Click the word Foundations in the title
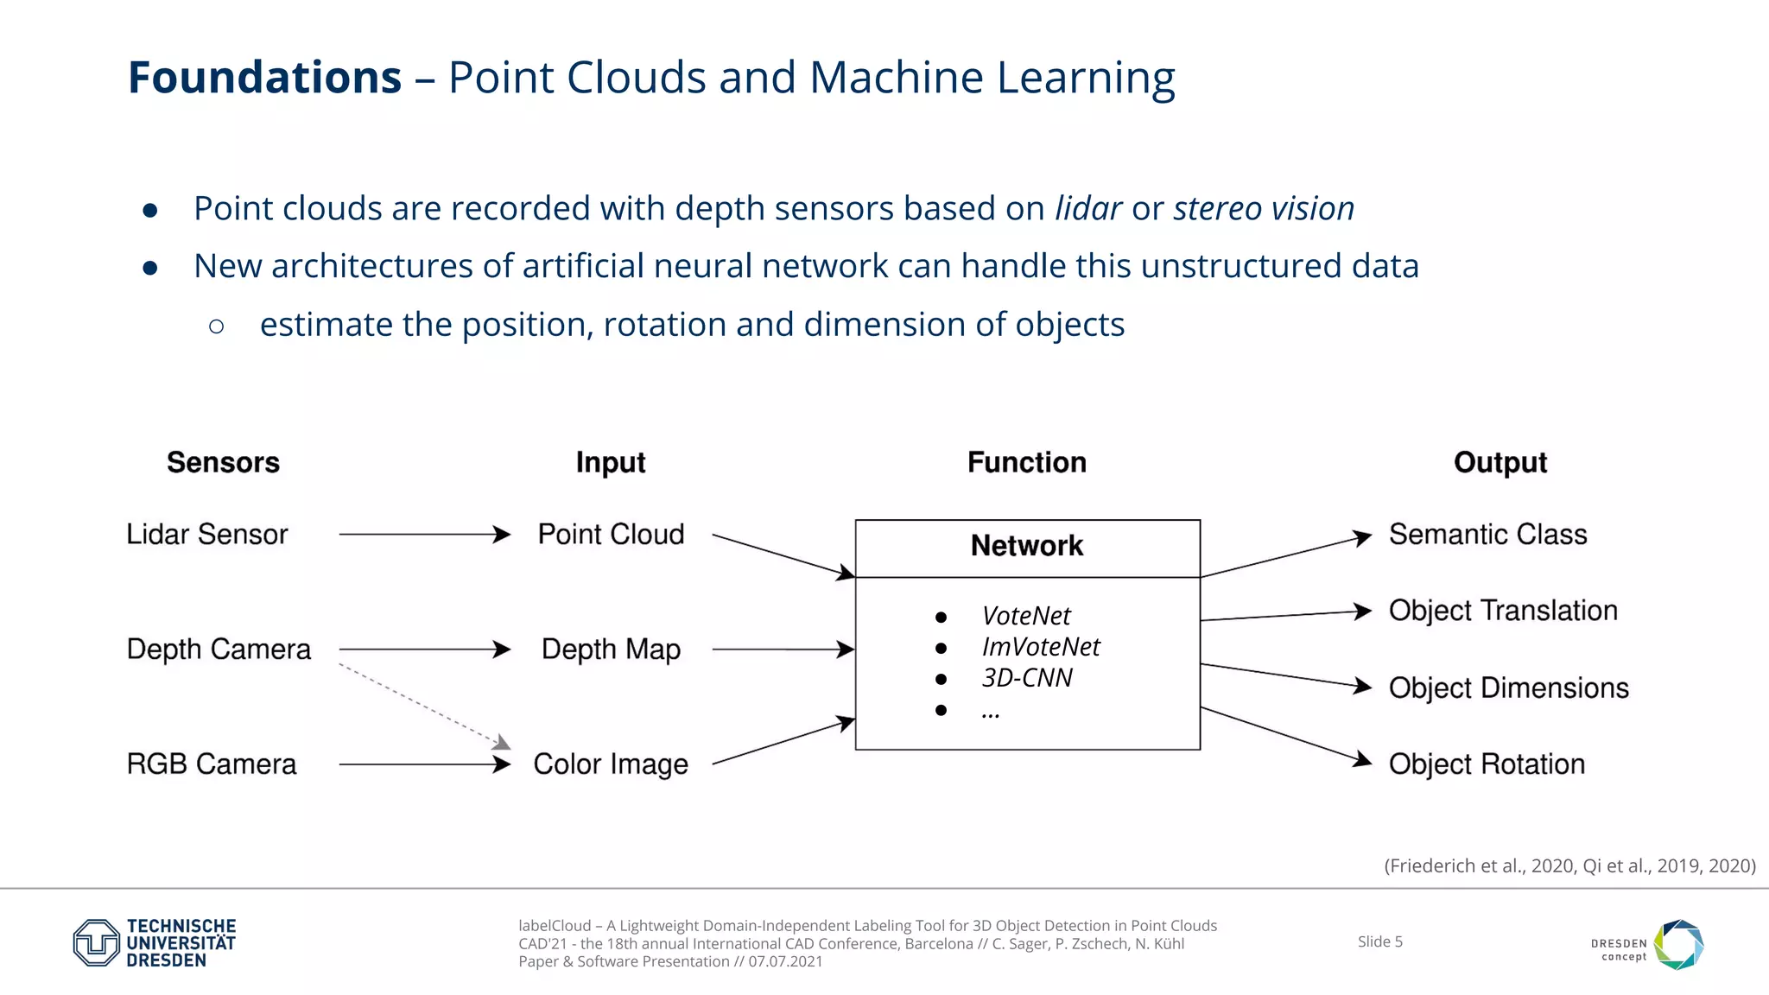264,78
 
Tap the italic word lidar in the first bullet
1087,209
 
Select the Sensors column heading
223,463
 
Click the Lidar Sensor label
206,535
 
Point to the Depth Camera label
219,650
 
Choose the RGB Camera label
211,764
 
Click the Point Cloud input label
611,535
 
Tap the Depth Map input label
611,650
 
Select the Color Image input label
611,764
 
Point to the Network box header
1027,547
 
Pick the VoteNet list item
1025,617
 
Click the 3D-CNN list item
1026,678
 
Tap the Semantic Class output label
1487,535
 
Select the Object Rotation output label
1487,764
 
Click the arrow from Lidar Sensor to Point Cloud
423,535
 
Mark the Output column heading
1500,463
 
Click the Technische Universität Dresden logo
155,942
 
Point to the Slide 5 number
1379,941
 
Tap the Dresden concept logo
1648,945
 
